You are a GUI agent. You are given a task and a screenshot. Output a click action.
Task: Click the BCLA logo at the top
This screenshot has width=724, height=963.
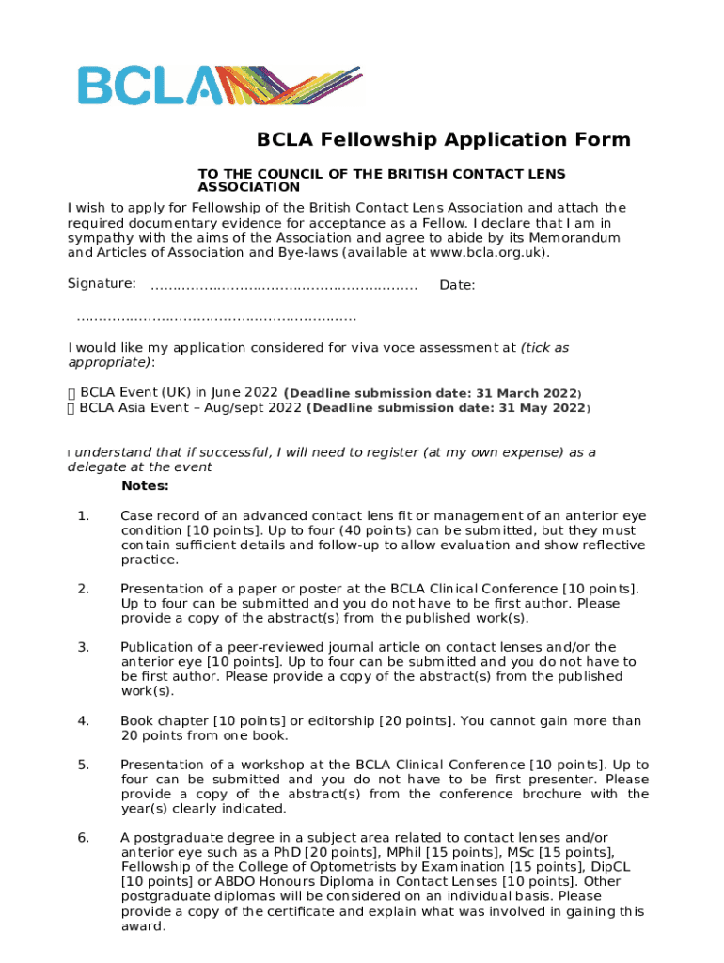(x=218, y=85)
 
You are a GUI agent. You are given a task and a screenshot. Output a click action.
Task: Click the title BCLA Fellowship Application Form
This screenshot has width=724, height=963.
(x=444, y=140)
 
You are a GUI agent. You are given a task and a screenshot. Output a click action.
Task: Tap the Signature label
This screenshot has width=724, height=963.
(x=102, y=283)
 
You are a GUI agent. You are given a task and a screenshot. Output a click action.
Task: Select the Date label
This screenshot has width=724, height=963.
(x=457, y=285)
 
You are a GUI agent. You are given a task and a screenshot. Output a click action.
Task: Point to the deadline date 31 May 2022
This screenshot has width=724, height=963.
(x=543, y=409)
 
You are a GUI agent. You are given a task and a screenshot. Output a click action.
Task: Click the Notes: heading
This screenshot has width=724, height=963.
(x=145, y=486)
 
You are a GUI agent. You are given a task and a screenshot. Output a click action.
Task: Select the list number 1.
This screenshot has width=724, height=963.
(x=83, y=515)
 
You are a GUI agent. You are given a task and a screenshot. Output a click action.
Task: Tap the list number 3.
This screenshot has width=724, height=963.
(x=83, y=646)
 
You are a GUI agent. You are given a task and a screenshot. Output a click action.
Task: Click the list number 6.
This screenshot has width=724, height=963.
(x=83, y=837)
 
